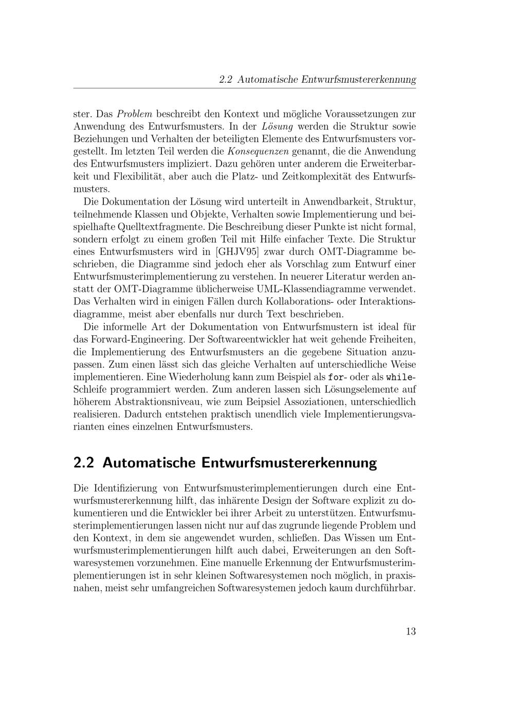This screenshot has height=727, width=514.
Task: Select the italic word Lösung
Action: click(x=277, y=126)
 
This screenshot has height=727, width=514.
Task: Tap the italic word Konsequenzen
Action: click(x=259, y=151)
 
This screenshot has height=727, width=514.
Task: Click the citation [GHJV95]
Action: click(x=236, y=252)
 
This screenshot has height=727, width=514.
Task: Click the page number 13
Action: click(x=410, y=631)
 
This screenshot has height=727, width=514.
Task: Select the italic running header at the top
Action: click(x=317, y=80)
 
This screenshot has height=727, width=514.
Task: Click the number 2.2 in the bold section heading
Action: click(x=84, y=462)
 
